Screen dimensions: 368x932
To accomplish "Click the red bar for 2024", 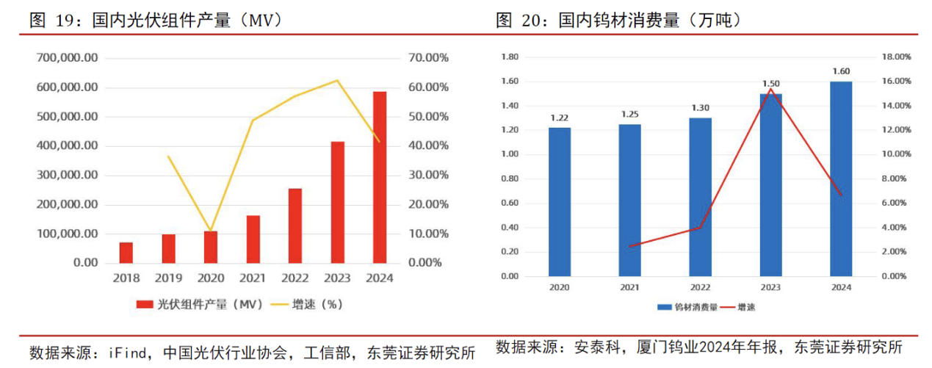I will coord(379,177).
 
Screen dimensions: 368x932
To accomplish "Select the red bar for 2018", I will coord(126,252).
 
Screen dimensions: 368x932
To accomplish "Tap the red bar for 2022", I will coord(295,226).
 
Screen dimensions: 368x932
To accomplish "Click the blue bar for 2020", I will coord(559,202).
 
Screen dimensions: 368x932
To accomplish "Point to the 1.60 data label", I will coord(841,71).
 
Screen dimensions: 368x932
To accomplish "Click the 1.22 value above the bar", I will coord(559,118).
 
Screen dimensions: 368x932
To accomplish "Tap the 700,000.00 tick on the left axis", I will coord(67,58).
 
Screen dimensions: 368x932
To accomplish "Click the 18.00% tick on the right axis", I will coord(895,57).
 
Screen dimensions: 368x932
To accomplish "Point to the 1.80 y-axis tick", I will coord(509,57).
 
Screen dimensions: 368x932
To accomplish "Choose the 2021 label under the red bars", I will coord(253,278).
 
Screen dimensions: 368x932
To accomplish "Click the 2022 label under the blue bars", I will coord(700,289).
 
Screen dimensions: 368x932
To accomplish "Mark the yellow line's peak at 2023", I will coord(337,80).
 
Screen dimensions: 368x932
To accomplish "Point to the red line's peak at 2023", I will coord(770,90).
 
